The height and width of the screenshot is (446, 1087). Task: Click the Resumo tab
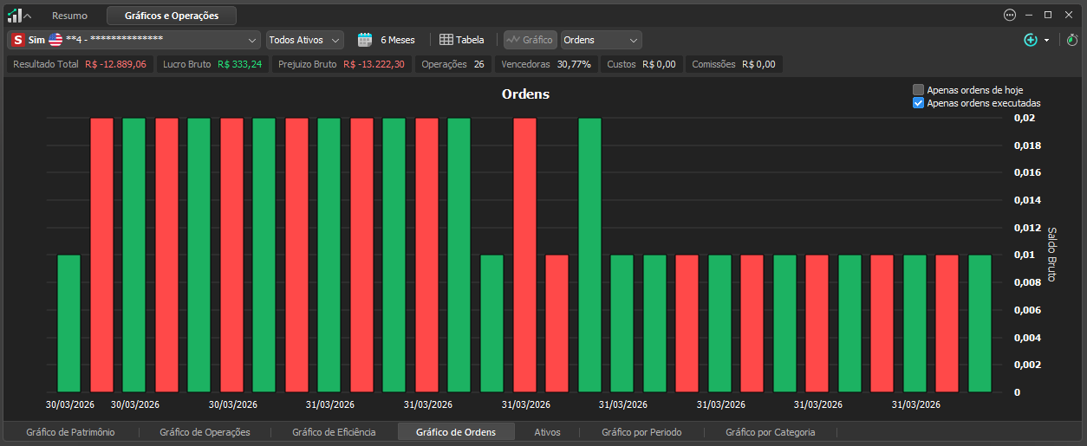click(x=69, y=16)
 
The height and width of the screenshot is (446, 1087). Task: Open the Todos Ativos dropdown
click(x=305, y=40)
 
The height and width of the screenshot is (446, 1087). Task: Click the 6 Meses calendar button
click(x=387, y=40)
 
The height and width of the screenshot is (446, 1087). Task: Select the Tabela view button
click(x=461, y=40)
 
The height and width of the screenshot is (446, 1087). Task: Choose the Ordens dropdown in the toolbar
click(x=602, y=40)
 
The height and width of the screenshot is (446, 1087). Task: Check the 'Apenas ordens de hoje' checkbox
click(x=918, y=90)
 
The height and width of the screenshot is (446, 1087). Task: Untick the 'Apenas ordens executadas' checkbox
click(x=918, y=103)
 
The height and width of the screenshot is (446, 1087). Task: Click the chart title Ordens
click(x=525, y=94)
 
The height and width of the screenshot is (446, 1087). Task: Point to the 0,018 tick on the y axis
click(x=1027, y=145)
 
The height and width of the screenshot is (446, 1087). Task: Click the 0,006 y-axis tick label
click(x=1027, y=310)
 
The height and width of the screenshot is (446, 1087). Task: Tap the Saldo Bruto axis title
click(x=1051, y=254)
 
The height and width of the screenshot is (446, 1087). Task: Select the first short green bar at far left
click(x=68, y=323)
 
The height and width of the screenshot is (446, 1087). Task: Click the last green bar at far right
click(x=980, y=323)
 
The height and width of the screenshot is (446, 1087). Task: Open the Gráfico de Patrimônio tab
click(x=70, y=432)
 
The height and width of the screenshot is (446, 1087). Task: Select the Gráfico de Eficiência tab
click(x=334, y=432)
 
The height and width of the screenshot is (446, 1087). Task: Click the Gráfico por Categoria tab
click(x=770, y=432)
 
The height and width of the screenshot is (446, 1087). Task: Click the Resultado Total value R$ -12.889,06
click(x=115, y=64)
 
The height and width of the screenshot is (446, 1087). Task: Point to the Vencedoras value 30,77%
click(x=574, y=64)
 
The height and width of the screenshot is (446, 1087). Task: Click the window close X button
click(x=1069, y=15)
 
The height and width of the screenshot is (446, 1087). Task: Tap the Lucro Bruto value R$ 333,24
click(x=240, y=64)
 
